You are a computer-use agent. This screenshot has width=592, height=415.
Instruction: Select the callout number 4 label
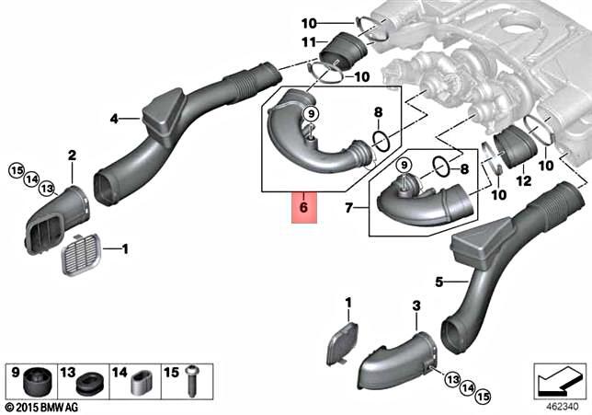click(114, 119)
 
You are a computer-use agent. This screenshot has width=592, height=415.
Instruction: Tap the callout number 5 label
click(439, 282)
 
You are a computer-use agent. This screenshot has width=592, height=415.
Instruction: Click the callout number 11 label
click(308, 42)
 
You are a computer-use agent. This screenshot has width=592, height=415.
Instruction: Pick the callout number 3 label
click(416, 305)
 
